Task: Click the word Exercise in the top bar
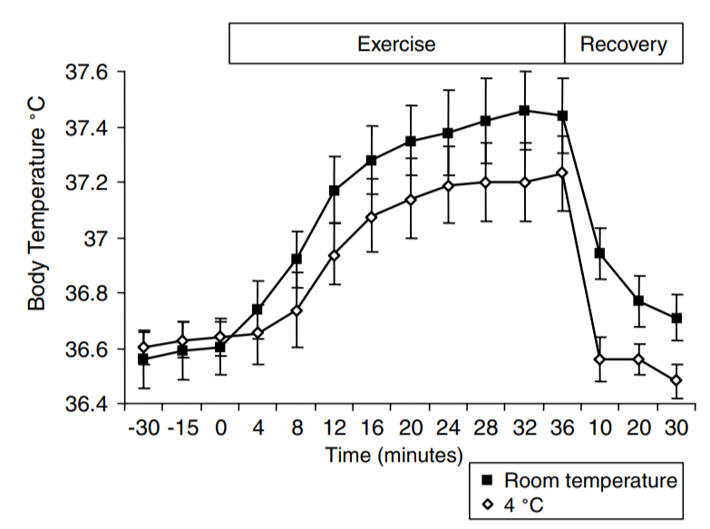tap(396, 44)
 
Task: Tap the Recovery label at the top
tap(624, 44)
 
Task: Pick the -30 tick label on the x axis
tap(144, 427)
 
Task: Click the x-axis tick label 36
tap(563, 427)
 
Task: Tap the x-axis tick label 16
tap(372, 427)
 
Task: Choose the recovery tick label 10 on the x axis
tap(599, 427)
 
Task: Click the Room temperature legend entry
tap(590, 480)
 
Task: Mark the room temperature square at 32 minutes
tap(524, 111)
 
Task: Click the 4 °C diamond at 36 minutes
tap(562, 172)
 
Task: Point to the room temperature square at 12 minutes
tap(335, 191)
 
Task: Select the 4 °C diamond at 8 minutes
tap(296, 310)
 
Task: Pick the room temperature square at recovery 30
tap(676, 318)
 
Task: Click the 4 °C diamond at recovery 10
tap(599, 358)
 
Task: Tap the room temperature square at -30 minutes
tap(143, 359)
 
